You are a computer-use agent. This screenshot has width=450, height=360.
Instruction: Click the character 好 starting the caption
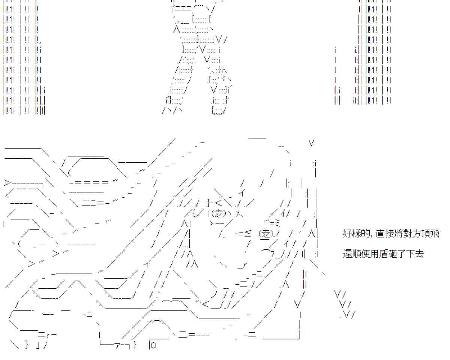[347, 234]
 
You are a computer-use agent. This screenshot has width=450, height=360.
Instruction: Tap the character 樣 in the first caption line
[355, 234]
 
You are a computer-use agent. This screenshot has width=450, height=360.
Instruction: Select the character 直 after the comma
[380, 234]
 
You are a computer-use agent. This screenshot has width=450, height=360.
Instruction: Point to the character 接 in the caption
[388, 234]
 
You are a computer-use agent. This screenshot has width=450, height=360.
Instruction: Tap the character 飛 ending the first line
[435, 234]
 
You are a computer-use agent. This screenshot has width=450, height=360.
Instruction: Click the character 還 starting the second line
[347, 254]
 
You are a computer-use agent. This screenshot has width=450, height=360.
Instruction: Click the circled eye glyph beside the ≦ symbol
[266, 234]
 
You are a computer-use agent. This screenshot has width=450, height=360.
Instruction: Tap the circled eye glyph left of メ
[219, 213]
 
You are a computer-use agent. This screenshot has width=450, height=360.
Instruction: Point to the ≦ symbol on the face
[247, 234]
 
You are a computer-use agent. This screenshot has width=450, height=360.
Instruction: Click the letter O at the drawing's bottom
[153, 345]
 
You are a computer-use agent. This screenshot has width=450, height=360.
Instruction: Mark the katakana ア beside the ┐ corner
[117, 345]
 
